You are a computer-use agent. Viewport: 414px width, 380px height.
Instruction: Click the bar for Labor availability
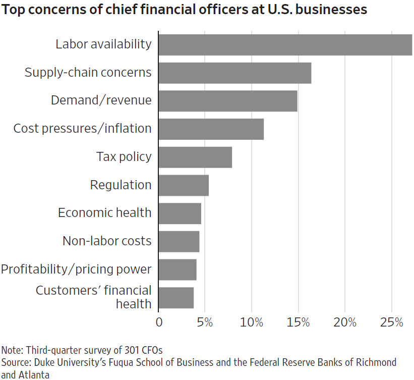click(285, 44)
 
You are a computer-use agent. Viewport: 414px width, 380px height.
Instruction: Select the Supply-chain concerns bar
click(234, 73)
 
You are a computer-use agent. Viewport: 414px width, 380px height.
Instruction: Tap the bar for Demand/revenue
click(227, 100)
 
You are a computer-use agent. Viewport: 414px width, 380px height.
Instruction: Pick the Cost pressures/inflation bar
click(211, 129)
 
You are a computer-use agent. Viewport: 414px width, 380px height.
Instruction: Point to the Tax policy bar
click(195, 157)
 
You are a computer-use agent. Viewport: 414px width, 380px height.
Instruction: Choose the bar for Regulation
click(184, 185)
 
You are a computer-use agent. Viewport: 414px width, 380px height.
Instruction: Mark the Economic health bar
click(180, 213)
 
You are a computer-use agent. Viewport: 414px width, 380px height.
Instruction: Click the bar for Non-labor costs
click(179, 241)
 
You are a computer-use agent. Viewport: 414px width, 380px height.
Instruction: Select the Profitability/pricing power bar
click(178, 269)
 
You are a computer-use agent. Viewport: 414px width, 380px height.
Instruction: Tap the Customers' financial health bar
click(176, 297)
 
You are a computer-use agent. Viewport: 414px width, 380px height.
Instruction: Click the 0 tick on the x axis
click(159, 322)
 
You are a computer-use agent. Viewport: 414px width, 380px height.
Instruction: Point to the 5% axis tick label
click(205, 322)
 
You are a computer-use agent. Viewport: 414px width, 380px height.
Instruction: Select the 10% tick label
click(252, 322)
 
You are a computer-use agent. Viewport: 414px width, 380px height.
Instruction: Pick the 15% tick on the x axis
click(298, 322)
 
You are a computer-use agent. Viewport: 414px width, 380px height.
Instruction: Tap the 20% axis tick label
click(345, 322)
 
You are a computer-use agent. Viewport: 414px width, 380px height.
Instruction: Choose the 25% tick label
click(391, 322)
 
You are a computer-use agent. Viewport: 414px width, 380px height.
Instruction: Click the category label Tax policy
click(124, 157)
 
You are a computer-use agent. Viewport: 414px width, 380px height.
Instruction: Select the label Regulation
click(121, 185)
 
